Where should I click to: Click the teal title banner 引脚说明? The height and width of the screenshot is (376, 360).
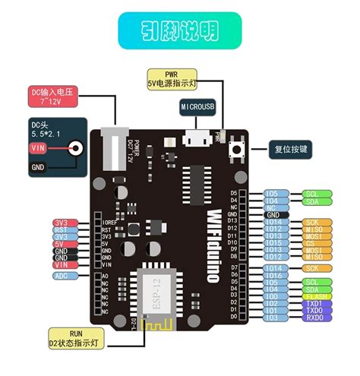click(x=180, y=31)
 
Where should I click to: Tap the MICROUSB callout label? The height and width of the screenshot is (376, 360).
click(x=200, y=107)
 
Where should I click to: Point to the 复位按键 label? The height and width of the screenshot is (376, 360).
click(x=292, y=149)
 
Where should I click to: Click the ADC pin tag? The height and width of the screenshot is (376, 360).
click(x=62, y=276)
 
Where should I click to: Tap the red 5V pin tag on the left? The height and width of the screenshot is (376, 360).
click(x=62, y=243)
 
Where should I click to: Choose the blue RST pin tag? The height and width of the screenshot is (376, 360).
click(x=62, y=229)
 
